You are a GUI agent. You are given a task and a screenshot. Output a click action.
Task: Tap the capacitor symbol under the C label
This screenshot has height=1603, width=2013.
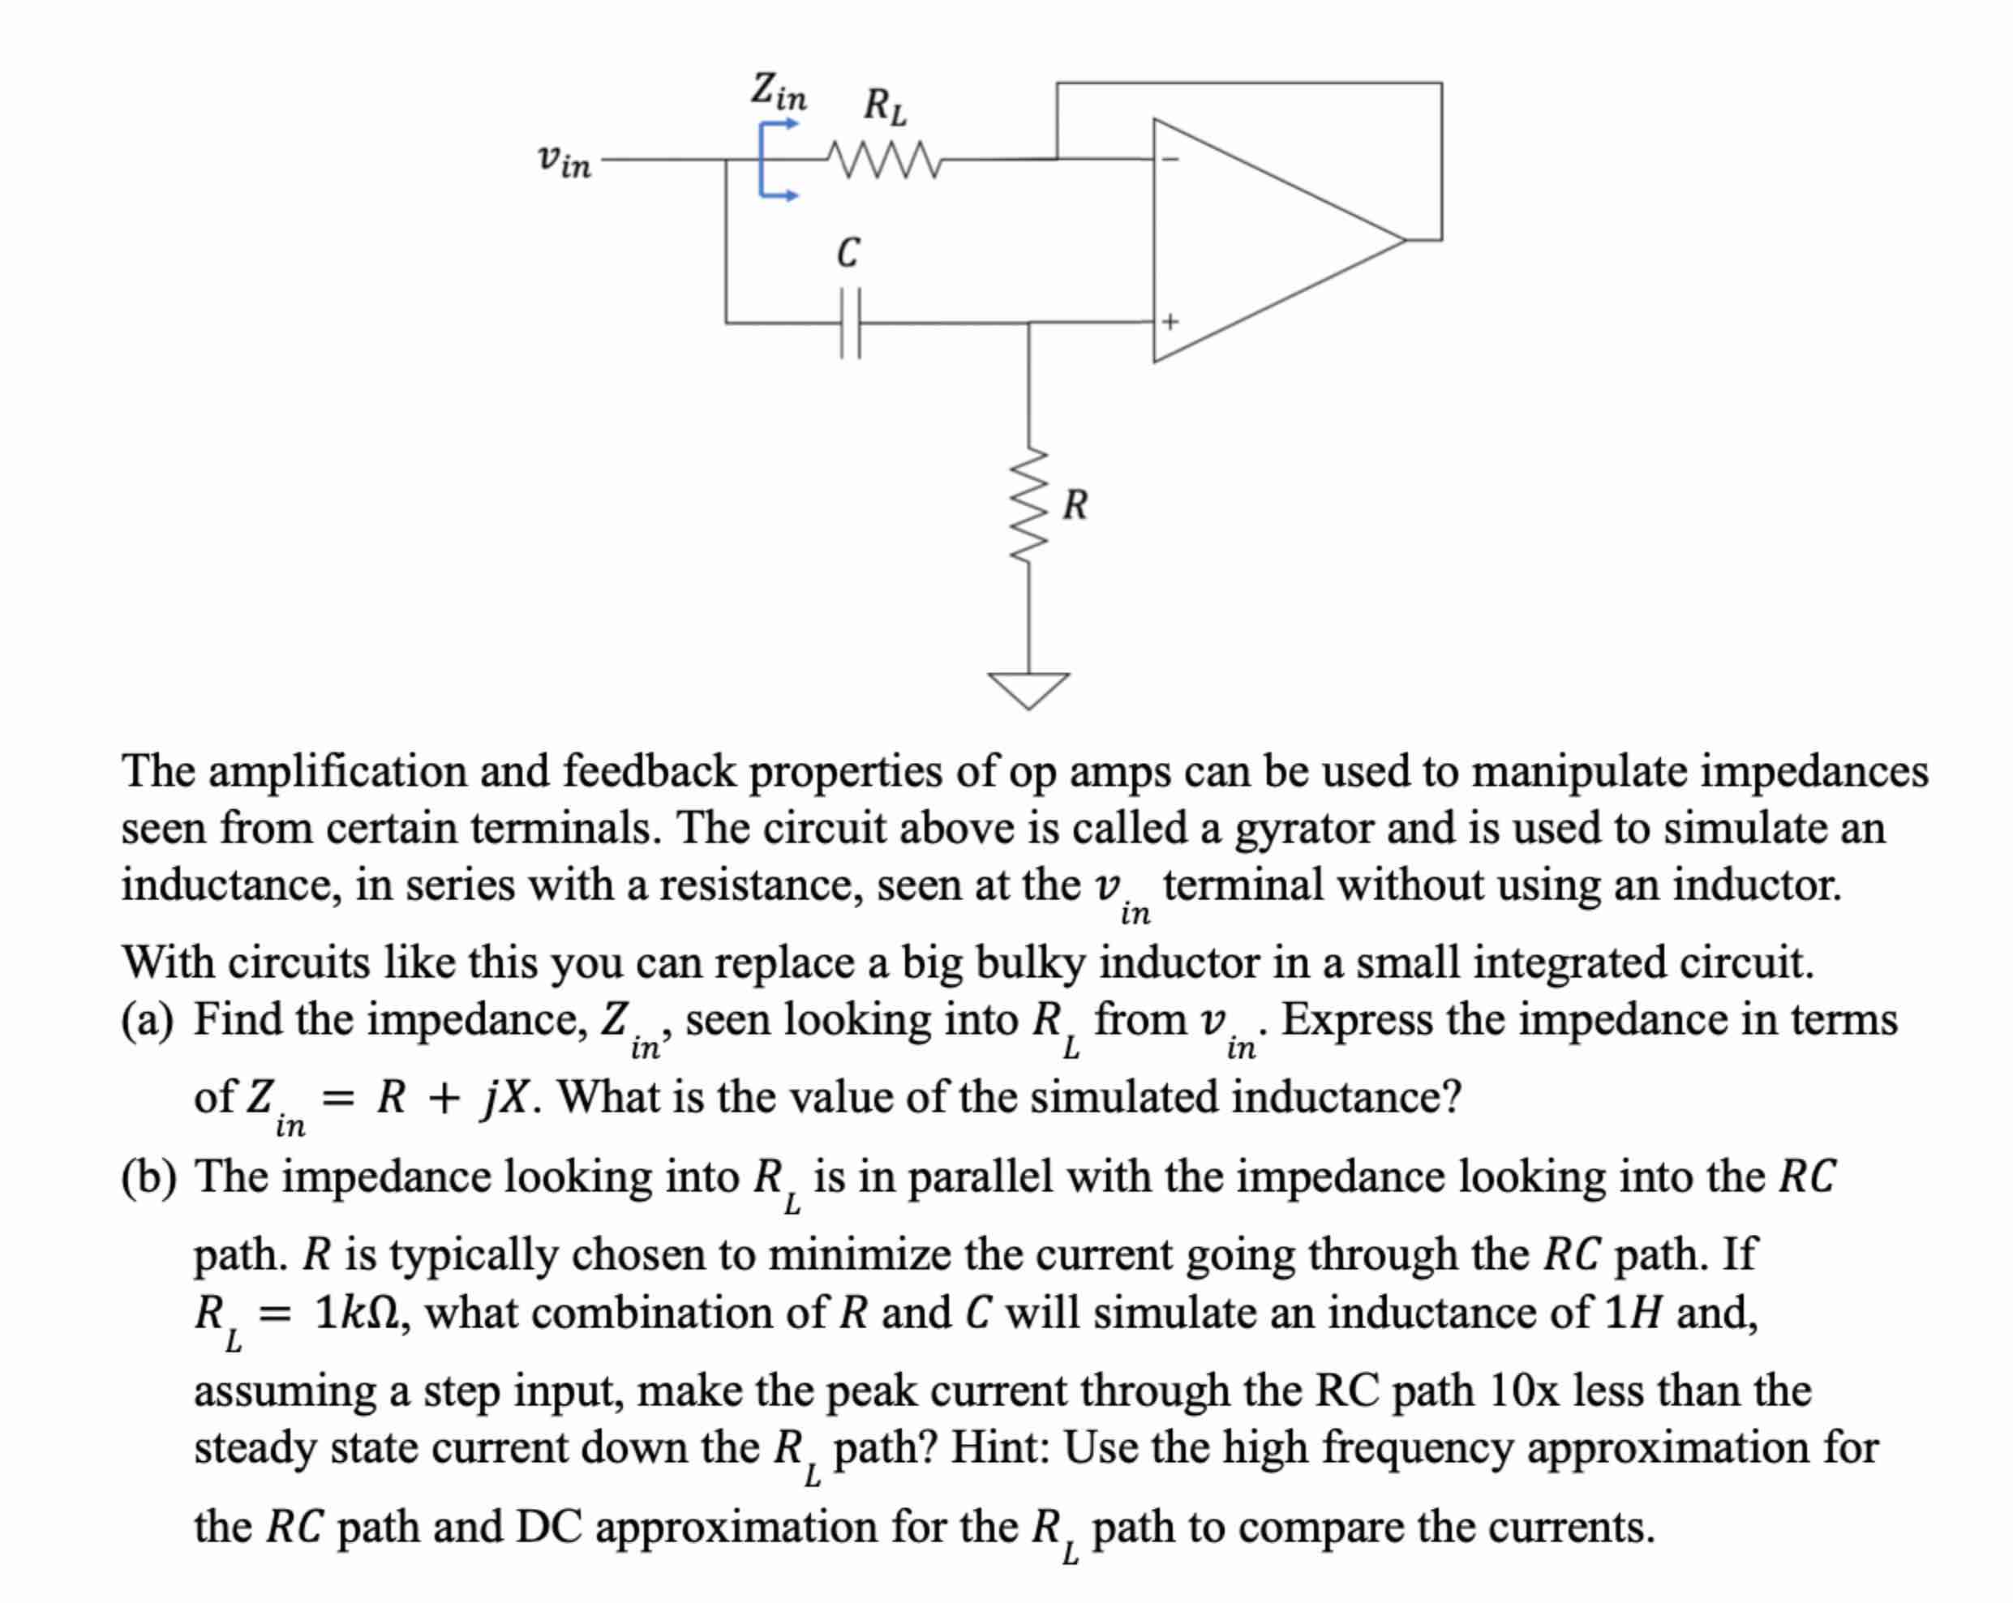(848, 323)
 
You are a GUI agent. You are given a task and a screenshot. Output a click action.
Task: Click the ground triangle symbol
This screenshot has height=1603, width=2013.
(1029, 689)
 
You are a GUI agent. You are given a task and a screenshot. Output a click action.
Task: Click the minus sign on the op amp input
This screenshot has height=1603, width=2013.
(1169, 159)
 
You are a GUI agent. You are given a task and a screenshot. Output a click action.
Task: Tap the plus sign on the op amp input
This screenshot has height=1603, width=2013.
(1170, 322)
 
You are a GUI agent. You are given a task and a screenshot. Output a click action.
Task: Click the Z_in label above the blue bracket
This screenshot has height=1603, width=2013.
(778, 92)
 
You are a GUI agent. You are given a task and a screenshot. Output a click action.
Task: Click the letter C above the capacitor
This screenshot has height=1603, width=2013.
(848, 252)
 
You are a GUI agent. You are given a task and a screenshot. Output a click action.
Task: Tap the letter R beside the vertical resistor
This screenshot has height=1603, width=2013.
(1075, 504)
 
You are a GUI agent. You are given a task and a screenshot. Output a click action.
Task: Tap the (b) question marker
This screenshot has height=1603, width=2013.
(148, 1177)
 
